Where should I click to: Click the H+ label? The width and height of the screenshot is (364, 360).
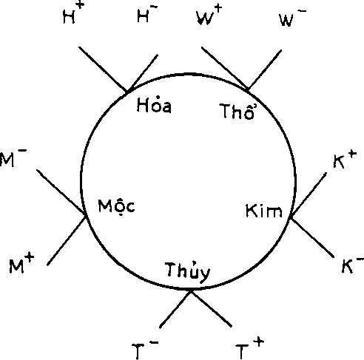point(73,13)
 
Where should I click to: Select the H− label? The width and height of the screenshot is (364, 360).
point(147,14)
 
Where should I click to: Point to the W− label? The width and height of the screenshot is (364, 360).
point(293,18)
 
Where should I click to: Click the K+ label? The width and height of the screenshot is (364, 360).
point(345,160)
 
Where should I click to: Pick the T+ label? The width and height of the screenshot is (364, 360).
point(249,348)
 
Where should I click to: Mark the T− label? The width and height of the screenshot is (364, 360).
point(145,350)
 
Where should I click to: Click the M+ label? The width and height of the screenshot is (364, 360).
point(21,264)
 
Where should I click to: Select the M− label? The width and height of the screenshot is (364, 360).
point(13,157)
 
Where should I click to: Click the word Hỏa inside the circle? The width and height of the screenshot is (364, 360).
point(154,106)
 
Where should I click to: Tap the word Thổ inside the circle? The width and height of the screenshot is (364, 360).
point(238,112)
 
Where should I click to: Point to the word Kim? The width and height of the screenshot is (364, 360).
point(264,211)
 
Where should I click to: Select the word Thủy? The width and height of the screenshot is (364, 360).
point(188,272)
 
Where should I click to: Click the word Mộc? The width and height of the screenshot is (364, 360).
point(116,207)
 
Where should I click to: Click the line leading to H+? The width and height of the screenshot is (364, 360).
point(103,69)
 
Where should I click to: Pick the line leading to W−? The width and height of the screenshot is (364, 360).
point(265,69)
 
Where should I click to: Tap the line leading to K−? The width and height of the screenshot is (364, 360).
point(312,237)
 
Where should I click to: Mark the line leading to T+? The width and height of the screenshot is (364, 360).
point(211,309)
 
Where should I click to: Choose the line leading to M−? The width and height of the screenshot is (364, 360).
point(61,192)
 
